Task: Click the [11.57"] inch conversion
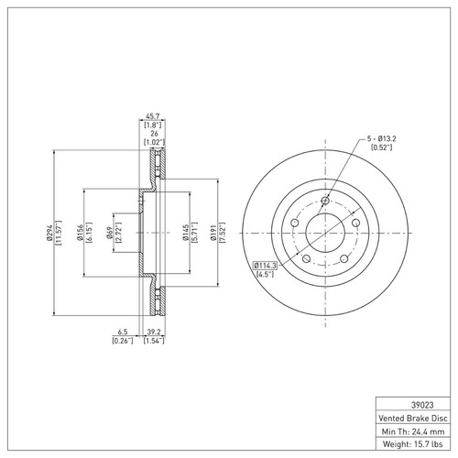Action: coord(57,235)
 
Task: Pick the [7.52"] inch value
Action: coord(221,235)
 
